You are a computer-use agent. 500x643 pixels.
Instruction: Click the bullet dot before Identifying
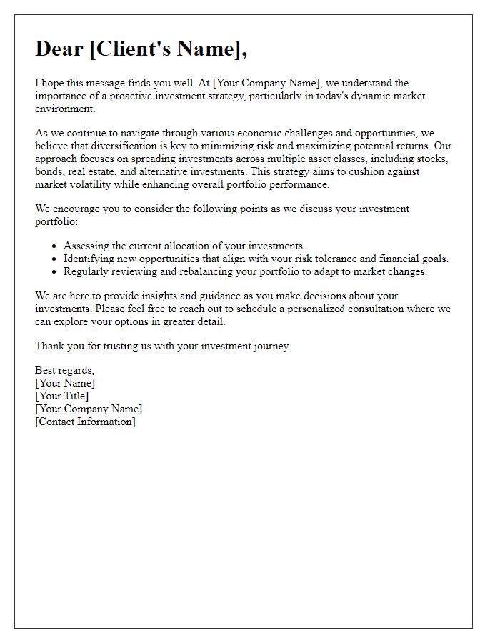tap(54, 259)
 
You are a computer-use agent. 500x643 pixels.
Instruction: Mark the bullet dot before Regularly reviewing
tap(54, 272)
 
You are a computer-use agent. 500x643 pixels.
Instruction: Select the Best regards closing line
tap(65, 370)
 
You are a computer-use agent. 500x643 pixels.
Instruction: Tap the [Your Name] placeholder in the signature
tap(65, 383)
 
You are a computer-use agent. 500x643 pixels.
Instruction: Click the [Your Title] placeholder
tap(62, 396)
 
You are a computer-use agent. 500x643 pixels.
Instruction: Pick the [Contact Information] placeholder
tap(85, 422)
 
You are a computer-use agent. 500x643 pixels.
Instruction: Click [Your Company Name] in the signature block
tap(89, 409)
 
